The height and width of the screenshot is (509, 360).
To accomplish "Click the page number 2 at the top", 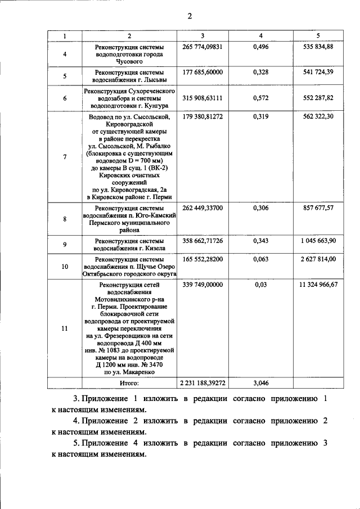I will (190, 16).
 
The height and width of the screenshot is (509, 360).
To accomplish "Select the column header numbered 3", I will (202, 36).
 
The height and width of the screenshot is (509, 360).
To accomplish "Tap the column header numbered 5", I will (318, 36).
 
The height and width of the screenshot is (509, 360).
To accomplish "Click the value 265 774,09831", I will (202, 46).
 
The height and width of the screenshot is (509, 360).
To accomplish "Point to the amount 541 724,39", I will (318, 73).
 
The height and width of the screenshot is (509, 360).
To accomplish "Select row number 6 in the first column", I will (65, 98).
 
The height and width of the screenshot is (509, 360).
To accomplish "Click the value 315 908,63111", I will (202, 98).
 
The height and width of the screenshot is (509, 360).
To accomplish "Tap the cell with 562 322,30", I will (318, 116).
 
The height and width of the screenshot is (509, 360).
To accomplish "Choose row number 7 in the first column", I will (65, 157).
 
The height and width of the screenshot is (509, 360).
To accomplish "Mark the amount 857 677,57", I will (318, 208).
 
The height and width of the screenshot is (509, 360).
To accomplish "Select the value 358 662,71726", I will (202, 240).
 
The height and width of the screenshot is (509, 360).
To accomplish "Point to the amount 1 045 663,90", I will (318, 240).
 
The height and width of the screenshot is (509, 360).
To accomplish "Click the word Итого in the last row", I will (129, 383).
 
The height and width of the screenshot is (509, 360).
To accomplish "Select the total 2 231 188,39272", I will (202, 383).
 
